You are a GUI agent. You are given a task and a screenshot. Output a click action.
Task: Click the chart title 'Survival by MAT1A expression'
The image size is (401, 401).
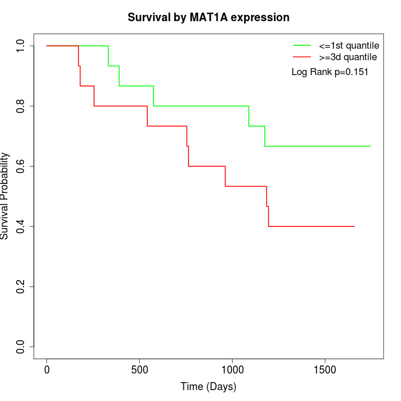209,17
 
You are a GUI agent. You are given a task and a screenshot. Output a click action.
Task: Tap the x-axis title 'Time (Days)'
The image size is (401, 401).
209,387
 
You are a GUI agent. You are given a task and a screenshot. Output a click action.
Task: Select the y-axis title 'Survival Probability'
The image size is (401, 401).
6,196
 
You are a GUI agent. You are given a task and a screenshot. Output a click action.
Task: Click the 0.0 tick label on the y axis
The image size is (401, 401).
21,347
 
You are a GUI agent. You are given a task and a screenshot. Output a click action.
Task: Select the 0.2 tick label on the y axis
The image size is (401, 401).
21,286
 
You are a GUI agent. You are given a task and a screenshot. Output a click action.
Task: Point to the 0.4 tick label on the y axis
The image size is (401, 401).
21,226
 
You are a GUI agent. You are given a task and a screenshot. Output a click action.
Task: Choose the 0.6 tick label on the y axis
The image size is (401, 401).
21,166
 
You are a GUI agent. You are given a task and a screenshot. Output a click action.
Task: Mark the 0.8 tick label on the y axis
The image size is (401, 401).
21,106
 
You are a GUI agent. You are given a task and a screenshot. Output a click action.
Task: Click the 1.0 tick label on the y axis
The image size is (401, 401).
21,46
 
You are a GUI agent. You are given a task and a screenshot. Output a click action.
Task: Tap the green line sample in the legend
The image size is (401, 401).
302,45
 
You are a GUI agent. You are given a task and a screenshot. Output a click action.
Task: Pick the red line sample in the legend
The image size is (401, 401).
302,57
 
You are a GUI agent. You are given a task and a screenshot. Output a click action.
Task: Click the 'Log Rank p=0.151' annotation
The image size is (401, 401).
330,72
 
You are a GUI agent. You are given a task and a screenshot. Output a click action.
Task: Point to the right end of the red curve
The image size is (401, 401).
355,226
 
